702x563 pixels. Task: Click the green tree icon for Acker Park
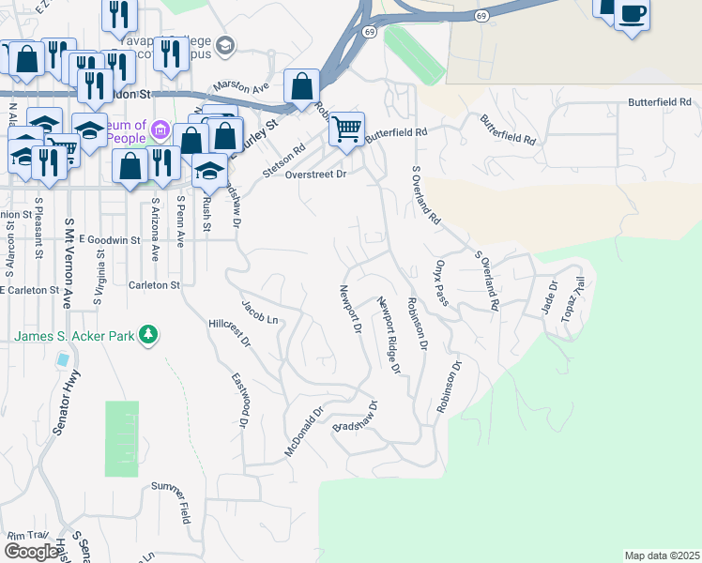[x=147, y=334]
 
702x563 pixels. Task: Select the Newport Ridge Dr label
[x=389, y=336]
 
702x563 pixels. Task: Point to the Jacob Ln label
[x=260, y=312]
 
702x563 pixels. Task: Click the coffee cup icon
[x=633, y=14]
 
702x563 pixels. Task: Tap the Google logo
[x=31, y=552]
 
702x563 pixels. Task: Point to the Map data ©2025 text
[x=662, y=555]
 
